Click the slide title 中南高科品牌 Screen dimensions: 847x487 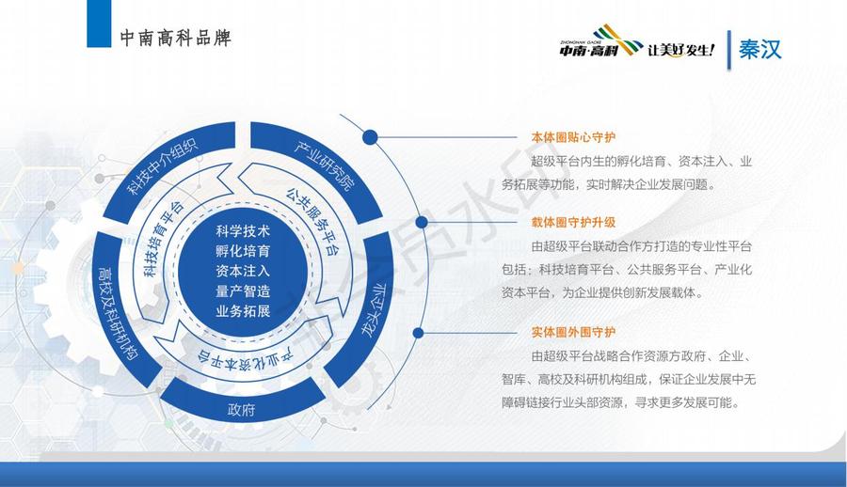coord(176,38)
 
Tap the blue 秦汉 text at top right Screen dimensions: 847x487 coord(760,49)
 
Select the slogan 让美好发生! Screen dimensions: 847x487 coord(681,50)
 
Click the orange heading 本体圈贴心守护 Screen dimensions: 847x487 coord(573,137)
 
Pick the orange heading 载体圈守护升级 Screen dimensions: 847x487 coord(573,222)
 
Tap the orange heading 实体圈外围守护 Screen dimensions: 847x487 coord(573,332)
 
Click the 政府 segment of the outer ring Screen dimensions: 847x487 coord(242,406)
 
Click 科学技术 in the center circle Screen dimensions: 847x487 coord(243,231)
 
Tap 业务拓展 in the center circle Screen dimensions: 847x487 coord(243,311)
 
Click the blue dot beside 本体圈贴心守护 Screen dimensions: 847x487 coord(370,137)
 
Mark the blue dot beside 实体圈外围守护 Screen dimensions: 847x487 coord(418,333)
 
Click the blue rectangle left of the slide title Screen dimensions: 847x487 coord(99,24)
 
